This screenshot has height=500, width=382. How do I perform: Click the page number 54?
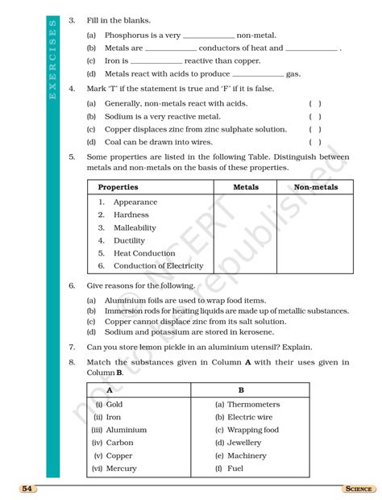(27, 489)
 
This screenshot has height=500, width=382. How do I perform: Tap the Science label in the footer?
(357, 489)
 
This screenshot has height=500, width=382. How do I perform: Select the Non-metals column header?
(316, 187)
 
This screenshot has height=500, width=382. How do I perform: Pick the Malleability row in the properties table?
(135, 228)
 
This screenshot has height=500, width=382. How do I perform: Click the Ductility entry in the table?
(129, 241)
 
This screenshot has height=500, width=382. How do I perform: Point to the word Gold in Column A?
(114, 405)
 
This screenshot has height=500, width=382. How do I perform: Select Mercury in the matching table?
(122, 469)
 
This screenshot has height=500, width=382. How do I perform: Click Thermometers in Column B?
(253, 405)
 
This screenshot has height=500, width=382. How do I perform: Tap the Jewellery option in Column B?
(244, 443)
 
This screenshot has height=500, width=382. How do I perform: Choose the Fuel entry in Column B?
(235, 469)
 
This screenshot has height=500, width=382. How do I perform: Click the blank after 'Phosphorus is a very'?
(209, 35)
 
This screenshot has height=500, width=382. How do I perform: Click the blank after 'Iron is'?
(156, 61)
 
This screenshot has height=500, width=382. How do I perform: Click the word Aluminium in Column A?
(127, 431)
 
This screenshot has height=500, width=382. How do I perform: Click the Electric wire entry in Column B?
(250, 418)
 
